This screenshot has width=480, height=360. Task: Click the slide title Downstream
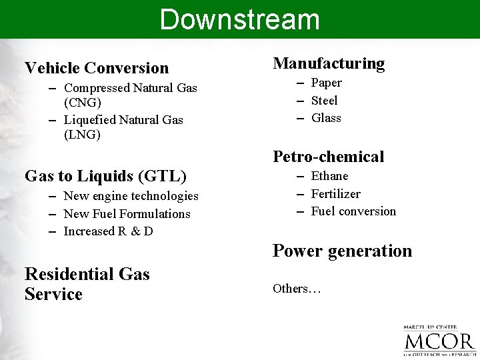coord(239,19)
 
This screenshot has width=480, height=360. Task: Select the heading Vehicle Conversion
coord(97,68)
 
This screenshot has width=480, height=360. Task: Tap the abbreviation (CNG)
coord(83,103)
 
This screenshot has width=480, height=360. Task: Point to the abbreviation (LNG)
coord(82,135)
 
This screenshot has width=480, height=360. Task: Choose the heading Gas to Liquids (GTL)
coord(105,176)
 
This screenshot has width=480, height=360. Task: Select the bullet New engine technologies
coord(131,196)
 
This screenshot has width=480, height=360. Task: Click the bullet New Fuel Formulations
coord(127,214)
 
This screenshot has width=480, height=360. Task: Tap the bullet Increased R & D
coord(108,231)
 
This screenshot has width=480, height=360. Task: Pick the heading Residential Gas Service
coord(87,284)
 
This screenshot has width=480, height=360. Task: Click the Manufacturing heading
coord(329,63)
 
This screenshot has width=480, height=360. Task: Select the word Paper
coord(327,83)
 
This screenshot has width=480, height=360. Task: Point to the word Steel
coord(325,101)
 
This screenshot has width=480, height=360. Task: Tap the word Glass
coord(326,118)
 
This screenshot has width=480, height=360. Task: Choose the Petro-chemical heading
coord(329,157)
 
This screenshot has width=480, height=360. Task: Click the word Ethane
coord(329,176)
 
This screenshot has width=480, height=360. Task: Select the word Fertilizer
coord(335,194)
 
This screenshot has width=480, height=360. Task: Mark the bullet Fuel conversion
coord(353,211)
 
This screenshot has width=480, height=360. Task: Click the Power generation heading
coord(342,251)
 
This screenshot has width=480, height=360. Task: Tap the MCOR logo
coord(439,341)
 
